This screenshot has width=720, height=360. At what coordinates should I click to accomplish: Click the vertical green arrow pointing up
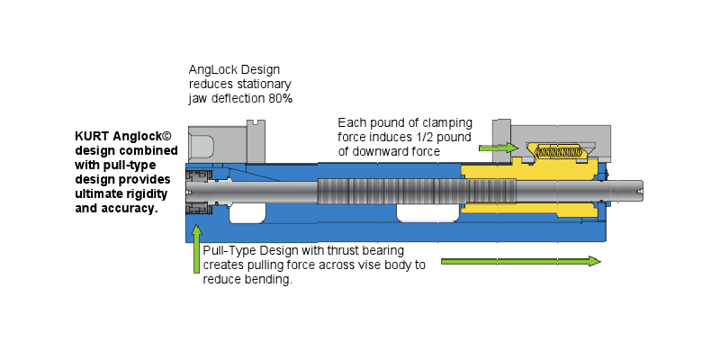(196, 249)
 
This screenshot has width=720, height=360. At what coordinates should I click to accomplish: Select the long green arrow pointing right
(521, 261)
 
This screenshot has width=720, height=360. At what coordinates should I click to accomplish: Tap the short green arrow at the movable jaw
(499, 148)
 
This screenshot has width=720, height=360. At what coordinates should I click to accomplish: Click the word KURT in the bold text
(93, 137)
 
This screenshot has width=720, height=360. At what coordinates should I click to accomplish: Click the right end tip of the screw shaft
(643, 191)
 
